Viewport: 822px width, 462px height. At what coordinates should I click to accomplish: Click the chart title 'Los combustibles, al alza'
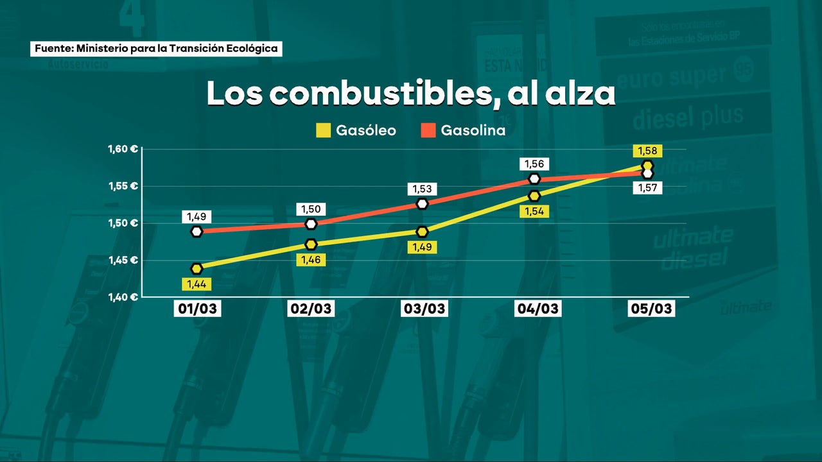411,94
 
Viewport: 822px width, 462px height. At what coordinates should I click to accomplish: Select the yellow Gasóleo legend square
322,131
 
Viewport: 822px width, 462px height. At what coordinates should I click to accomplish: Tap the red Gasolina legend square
428,131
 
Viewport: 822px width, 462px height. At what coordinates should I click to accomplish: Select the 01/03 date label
197,309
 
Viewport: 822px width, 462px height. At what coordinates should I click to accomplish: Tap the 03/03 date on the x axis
424,309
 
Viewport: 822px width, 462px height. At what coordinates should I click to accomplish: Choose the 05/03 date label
651,309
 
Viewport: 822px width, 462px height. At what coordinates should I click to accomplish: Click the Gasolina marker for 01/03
197,231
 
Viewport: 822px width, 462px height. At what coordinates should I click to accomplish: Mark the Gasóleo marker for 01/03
197,268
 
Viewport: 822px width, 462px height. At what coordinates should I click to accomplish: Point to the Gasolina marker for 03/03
422,203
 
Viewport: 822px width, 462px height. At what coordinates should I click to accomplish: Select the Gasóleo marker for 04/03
534,195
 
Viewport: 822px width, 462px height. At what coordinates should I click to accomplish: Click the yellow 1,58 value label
647,151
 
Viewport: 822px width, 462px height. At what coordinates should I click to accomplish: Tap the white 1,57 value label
647,188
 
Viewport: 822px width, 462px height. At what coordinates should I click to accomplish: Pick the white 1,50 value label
311,209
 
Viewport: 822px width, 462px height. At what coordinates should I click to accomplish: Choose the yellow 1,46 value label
311,260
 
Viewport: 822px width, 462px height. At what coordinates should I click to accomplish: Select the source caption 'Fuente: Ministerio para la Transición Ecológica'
156,48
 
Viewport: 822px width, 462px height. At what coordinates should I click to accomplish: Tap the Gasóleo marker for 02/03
311,244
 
